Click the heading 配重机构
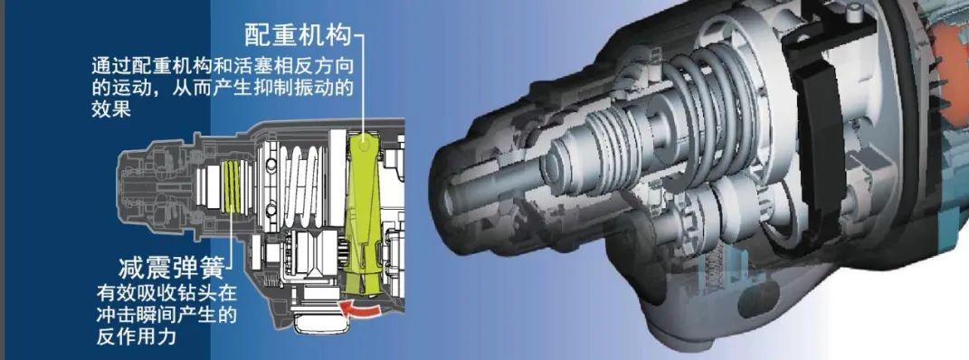297,34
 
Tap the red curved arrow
361,310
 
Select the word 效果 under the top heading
111,109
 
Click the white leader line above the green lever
362,81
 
